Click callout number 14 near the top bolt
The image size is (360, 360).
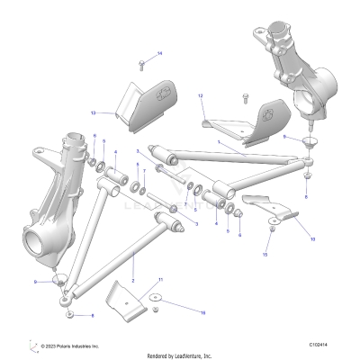(160, 55)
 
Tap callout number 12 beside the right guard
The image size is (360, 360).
(201, 94)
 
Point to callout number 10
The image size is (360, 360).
(312, 240)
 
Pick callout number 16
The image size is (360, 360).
(202, 311)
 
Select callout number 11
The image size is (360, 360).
(160, 281)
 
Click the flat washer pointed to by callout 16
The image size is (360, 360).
(157, 299)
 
